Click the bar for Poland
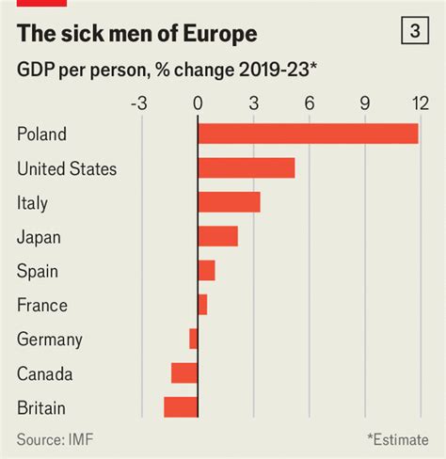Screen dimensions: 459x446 pos(308,135)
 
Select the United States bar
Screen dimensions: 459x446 pos(246,168)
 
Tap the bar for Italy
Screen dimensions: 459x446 pos(229,202)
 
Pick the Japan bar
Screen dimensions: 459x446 pos(217,236)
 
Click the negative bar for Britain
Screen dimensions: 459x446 pos(181,407)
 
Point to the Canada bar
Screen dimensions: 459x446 pos(184,373)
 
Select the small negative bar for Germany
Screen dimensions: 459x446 pos(193,339)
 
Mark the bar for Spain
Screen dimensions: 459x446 pos(206,271)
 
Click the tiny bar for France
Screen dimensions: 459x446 pos(202,305)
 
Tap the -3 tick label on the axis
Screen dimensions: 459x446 pos(139,103)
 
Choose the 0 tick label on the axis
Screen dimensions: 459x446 pos(198,103)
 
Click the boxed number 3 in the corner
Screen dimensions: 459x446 pos(414,32)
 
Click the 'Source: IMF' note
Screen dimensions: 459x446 pos(54,439)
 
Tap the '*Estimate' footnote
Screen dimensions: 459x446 pos(397,439)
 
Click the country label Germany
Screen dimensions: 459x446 pos(49,340)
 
